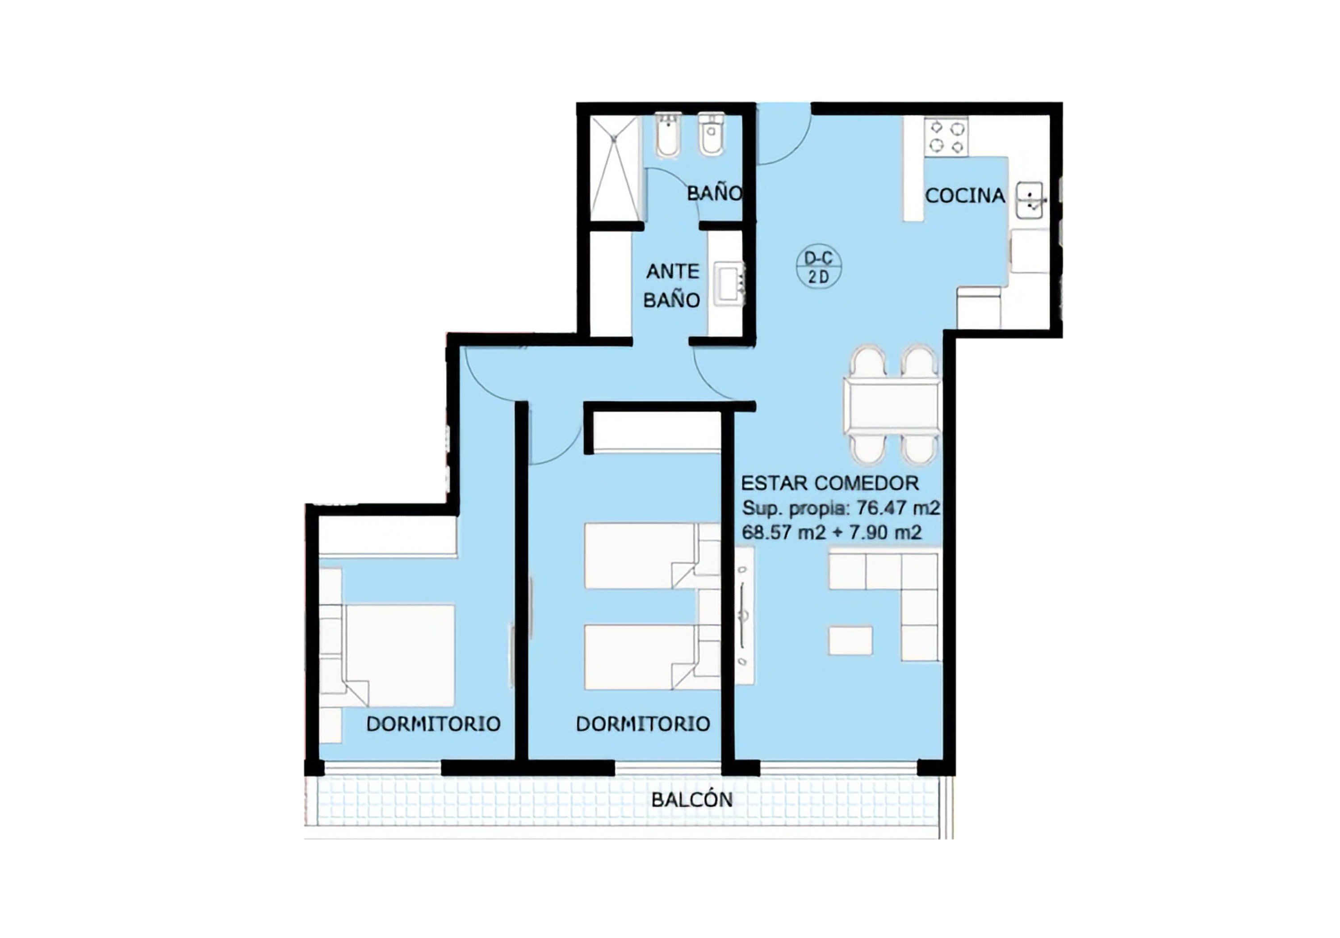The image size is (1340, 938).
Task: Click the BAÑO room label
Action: (714, 193)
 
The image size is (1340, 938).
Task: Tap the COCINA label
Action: (965, 196)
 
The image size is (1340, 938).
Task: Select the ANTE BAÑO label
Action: (672, 285)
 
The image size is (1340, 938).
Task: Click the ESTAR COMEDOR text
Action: (830, 483)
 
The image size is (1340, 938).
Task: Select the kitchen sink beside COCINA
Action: (1031, 200)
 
